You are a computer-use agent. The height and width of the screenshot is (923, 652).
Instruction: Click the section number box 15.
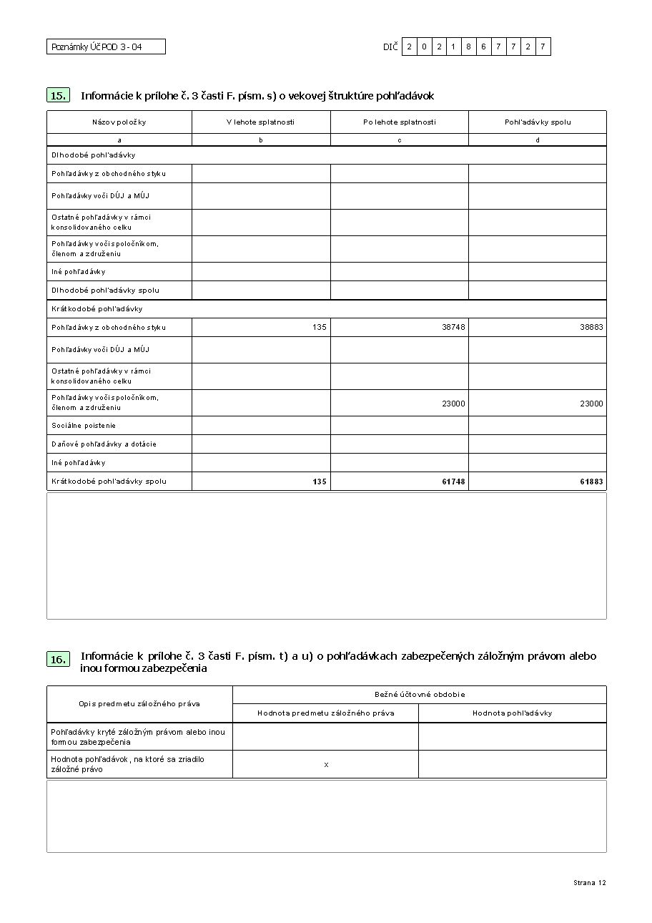59,95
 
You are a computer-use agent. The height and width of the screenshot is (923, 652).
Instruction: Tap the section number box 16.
59,660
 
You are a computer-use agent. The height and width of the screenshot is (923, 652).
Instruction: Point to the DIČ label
390,47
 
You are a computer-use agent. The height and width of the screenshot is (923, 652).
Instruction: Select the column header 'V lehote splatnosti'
260,122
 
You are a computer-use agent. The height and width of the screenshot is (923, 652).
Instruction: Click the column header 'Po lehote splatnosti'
399,122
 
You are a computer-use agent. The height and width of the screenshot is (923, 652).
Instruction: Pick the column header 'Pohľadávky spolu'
538,122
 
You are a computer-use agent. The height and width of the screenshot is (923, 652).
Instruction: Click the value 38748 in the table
453,327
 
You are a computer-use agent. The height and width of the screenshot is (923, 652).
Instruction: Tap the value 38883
591,327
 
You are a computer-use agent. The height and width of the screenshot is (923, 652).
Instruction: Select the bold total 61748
453,482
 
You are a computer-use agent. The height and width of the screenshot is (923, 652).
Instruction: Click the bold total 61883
591,482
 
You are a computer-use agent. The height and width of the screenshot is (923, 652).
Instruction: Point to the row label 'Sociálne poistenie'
84,426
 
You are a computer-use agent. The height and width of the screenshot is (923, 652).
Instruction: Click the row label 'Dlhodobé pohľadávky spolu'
105,290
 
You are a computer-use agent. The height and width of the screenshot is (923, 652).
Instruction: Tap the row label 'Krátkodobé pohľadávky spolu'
109,482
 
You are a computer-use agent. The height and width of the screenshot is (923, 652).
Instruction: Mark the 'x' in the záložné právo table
326,765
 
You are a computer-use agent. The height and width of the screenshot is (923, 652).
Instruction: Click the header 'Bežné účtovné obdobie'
420,695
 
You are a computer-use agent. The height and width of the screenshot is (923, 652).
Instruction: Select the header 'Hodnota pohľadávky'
512,713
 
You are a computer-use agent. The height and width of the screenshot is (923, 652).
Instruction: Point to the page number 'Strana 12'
589,883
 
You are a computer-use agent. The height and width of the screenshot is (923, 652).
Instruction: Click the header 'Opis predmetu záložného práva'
139,704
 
